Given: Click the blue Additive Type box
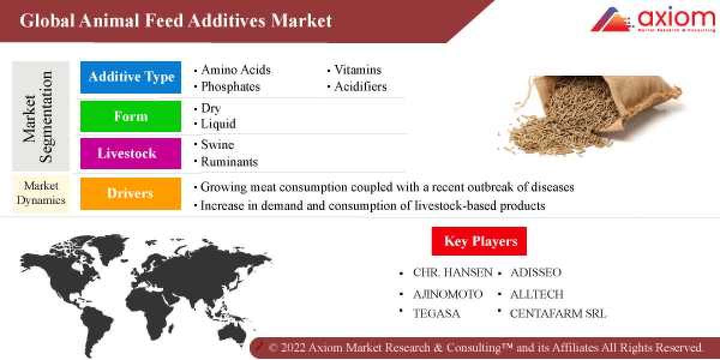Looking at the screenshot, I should [x=131, y=77].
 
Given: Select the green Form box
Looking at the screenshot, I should [x=131, y=116].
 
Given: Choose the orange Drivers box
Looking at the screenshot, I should [x=131, y=193].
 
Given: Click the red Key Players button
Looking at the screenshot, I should [x=479, y=241].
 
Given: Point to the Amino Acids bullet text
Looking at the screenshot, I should [x=236, y=70].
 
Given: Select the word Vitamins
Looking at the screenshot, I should [x=358, y=70].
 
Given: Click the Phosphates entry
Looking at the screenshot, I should [x=230, y=86].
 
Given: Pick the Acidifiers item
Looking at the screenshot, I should [x=360, y=86].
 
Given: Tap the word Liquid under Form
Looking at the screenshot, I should [x=218, y=124].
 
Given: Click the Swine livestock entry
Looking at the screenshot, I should [x=217, y=145].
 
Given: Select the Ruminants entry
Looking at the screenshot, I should [x=229, y=162].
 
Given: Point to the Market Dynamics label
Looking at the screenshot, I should [x=41, y=193].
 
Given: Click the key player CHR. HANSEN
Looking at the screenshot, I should [x=452, y=272].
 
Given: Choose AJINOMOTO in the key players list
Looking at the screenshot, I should [x=448, y=295].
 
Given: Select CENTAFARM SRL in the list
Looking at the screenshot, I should [x=558, y=313].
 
